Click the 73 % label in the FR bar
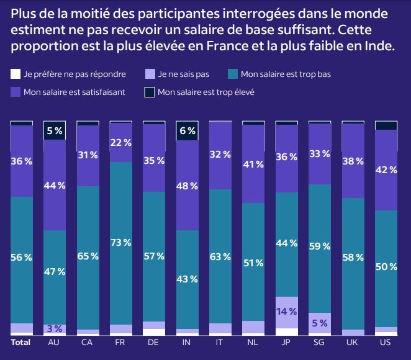[x=120, y=242]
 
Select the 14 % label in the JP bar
[x=287, y=312]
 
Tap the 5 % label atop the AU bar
[x=54, y=131]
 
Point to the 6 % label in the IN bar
[x=187, y=131]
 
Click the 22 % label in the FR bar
[x=120, y=142]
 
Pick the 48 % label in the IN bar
[x=187, y=186]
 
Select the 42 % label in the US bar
[x=386, y=171]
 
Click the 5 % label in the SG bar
[x=320, y=323]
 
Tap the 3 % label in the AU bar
[x=54, y=328]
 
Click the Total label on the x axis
[x=21, y=342]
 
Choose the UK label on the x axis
[x=353, y=342]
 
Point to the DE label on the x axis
[x=154, y=342]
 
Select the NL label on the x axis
[x=253, y=342]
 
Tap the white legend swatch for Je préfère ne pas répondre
[x=16, y=74]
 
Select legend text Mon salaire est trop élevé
[x=205, y=92]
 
